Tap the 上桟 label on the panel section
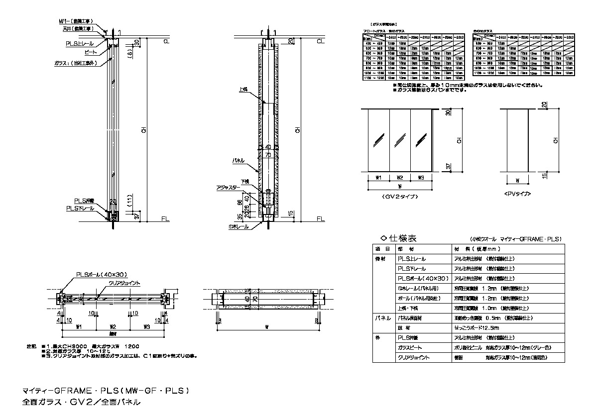[243, 90]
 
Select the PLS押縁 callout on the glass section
[81, 200]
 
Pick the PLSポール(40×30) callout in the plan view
[96, 274]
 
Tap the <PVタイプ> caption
[518, 194]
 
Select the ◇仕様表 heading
[398, 238]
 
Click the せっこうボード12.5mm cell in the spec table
[476, 328]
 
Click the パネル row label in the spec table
[382, 318]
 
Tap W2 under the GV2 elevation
[400, 177]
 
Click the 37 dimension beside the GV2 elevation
[448, 167]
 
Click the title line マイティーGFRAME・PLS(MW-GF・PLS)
[106, 391]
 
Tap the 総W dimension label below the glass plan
[113, 334]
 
